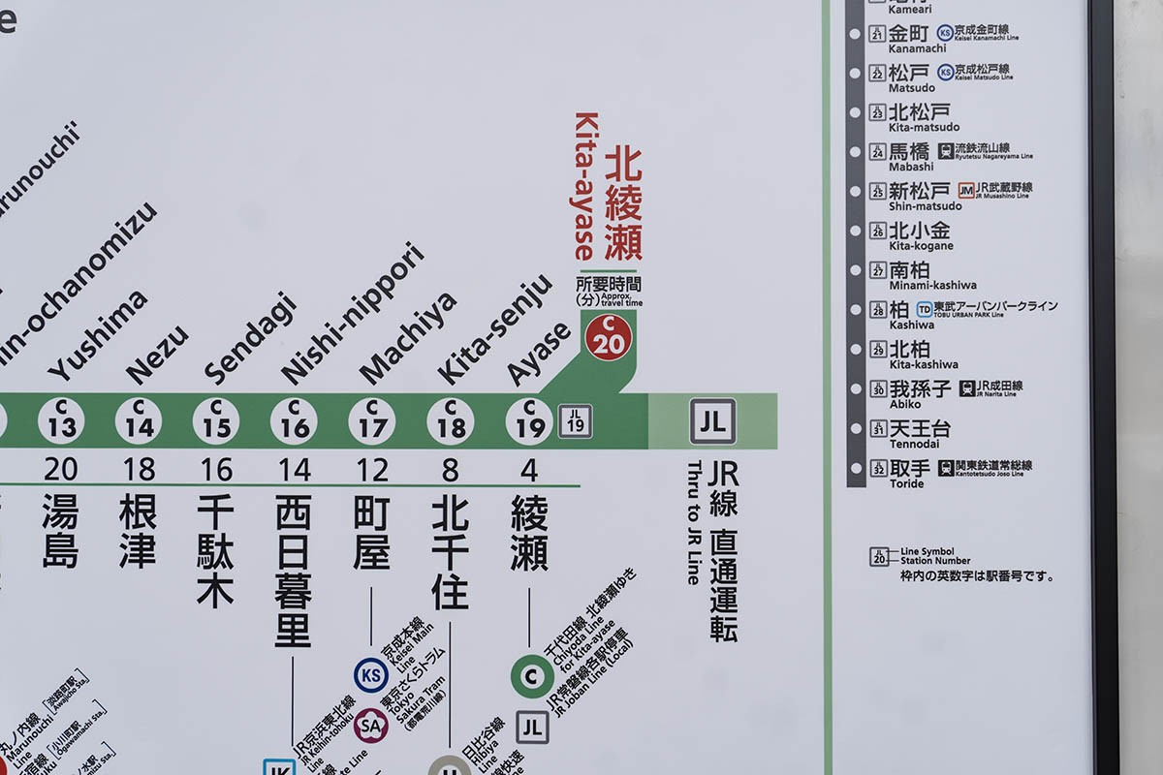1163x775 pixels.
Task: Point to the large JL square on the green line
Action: [x=712, y=421]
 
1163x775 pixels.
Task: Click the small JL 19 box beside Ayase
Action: [x=575, y=421]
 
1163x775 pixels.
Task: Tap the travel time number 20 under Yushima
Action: [x=60, y=470]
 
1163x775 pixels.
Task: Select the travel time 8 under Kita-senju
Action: [x=450, y=470]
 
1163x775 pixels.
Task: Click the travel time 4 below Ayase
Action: [x=529, y=470]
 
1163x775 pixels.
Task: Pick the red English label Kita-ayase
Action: [x=584, y=186]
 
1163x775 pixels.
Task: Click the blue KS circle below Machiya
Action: [x=370, y=675]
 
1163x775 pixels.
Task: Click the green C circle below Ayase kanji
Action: [x=532, y=676]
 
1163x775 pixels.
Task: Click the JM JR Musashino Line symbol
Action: [x=966, y=190]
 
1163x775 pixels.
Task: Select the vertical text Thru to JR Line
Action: [x=693, y=523]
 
